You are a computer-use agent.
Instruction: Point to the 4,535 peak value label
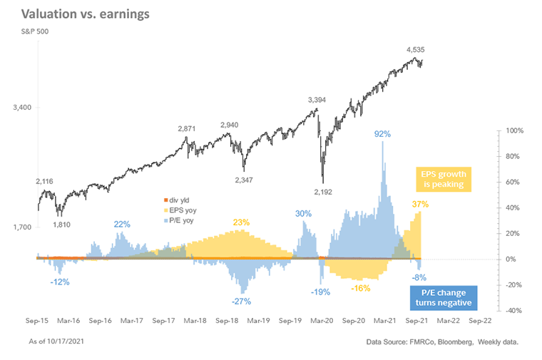click(x=419, y=50)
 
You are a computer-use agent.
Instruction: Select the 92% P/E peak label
click(x=383, y=133)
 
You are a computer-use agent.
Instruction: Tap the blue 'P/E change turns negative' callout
click(x=443, y=294)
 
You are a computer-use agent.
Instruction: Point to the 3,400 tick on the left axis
click(x=22, y=108)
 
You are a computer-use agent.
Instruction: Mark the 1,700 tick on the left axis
click(x=22, y=227)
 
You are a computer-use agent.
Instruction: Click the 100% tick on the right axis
click(x=514, y=131)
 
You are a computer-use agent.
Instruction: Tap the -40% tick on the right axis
click(x=514, y=311)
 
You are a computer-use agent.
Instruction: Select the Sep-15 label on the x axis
click(x=37, y=321)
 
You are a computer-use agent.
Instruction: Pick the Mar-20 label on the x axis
click(x=322, y=321)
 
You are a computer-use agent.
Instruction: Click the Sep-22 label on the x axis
click(x=479, y=321)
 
